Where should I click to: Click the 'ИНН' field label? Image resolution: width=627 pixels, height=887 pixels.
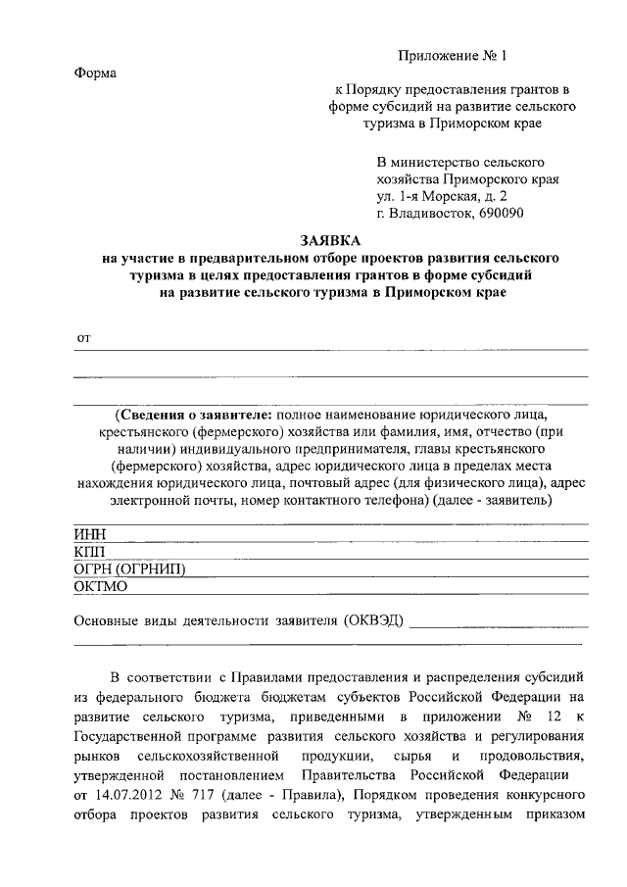coord(90,534)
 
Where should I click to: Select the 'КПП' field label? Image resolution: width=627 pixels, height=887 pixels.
coord(90,552)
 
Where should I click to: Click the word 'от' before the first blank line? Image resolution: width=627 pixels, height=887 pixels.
coord(83,338)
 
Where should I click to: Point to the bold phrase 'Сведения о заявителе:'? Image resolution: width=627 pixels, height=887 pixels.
coord(197,413)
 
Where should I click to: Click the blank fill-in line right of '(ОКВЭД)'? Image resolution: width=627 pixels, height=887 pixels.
coord(500,624)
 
